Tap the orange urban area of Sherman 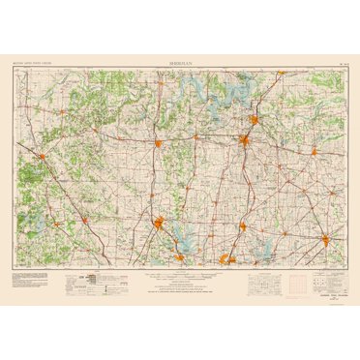click(x=247, y=143)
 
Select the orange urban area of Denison click(x=254, y=122)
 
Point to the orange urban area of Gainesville click(x=158, y=144)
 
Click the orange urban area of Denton click(x=161, y=228)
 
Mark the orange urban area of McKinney click(x=243, y=226)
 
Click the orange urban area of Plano click(x=228, y=258)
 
